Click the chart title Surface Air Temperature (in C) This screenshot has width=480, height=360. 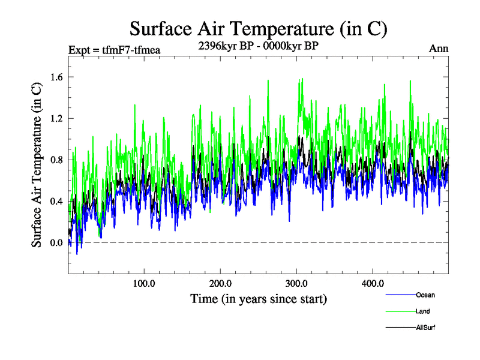coord(258,29)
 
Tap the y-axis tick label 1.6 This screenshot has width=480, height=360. coord(56,77)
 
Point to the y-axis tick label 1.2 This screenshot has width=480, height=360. coord(56,118)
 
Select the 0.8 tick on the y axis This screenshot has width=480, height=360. coord(56,160)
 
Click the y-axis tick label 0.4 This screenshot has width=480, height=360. coord(56,201)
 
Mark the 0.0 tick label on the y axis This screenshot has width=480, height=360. coord(56,242)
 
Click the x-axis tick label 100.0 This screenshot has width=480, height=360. coord(144,283)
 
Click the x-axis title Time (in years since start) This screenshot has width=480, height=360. coord(258,298)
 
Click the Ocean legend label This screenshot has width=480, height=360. coord(425,295)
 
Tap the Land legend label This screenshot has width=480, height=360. coord(423,311)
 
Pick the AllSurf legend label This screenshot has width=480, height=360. coord(425,328)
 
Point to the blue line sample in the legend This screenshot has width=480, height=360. coord(399,295)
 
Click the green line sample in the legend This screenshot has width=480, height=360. coord(399,311)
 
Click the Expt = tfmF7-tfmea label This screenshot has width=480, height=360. coord(115,50)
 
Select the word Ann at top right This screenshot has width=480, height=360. coord(439,49)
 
